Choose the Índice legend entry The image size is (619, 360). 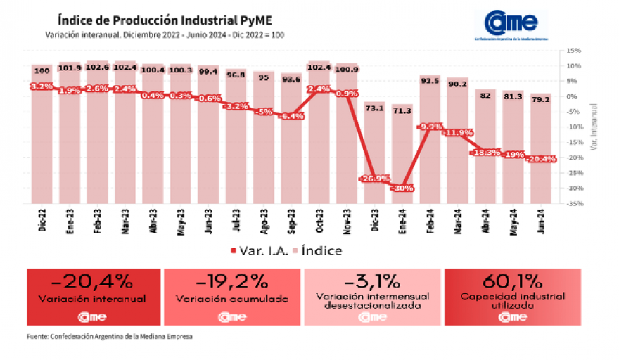point(317,250)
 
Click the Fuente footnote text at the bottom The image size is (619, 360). point(110,337)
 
